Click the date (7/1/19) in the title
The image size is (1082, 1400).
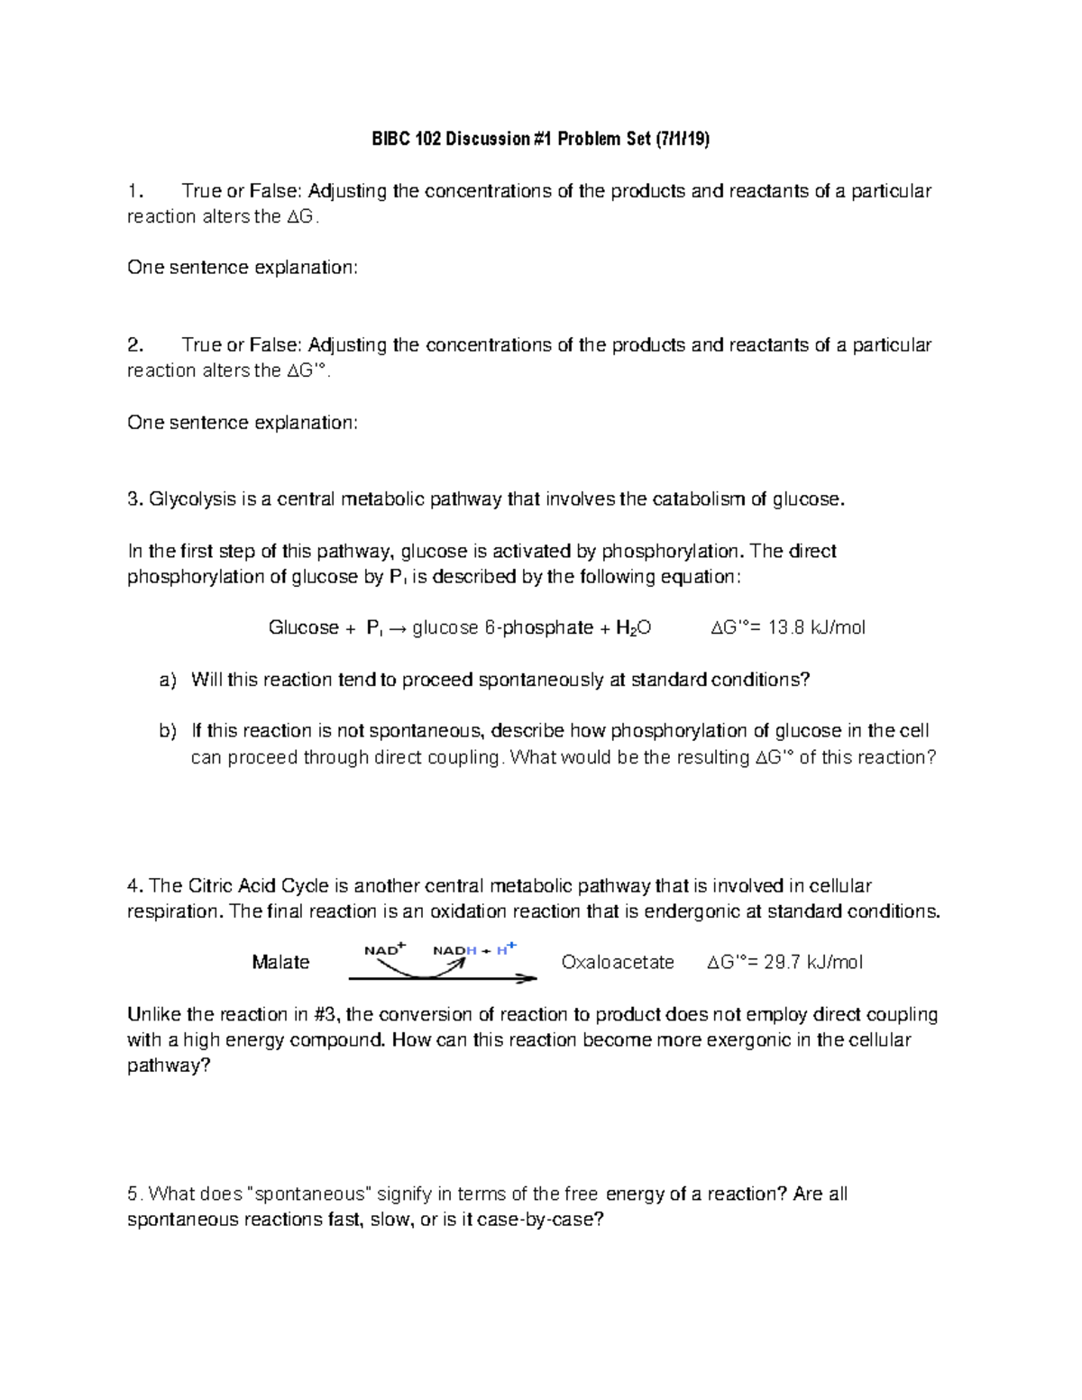point(682,139)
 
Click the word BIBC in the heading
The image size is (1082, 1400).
point(390,139)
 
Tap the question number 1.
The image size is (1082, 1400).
point(134,191)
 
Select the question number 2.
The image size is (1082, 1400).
point(134,345)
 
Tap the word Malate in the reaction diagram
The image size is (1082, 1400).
point(280,963)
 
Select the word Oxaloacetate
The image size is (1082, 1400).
point(618,963)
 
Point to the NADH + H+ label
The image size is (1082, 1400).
point(474,949)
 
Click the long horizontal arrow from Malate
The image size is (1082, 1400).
point(442,978)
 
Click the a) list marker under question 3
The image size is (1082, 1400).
point(168,681)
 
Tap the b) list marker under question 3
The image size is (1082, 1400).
point(168,731)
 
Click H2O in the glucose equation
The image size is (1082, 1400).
point(633,628)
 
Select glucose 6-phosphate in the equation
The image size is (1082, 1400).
point(502,628)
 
